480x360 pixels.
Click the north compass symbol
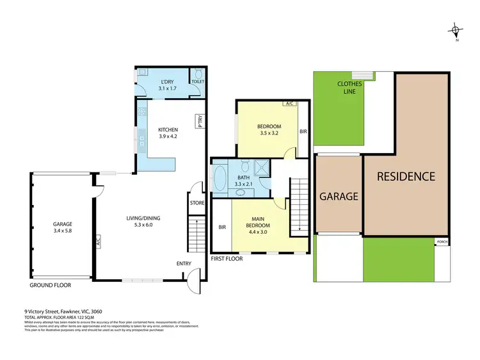[455, 29]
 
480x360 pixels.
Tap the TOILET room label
[198, 83]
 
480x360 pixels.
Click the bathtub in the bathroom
[219, 179]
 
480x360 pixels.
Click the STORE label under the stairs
[196, 203]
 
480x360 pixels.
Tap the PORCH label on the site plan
[442, 242]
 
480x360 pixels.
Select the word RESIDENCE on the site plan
[405, 176]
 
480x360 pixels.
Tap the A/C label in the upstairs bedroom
[289, 104]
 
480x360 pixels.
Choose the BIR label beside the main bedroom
[222, 227]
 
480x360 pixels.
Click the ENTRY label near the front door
[184, 263]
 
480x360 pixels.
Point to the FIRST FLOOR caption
[228, 259]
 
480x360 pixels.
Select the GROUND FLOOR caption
[50, 285]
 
